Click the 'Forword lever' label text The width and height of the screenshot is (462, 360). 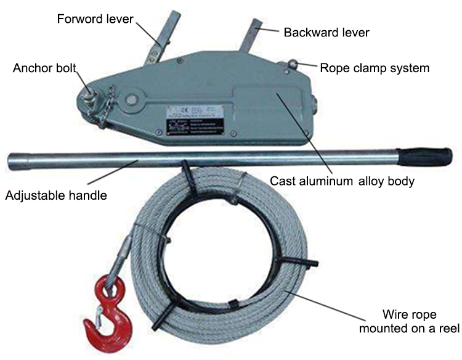pos(95,18)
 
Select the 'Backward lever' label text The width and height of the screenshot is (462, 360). pos(326,32)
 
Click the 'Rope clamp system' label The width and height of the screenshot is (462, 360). pos(375,68)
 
